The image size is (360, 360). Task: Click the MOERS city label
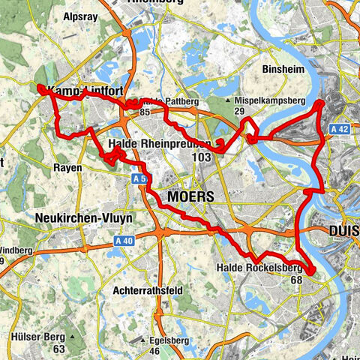191,196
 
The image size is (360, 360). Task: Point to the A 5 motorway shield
139,179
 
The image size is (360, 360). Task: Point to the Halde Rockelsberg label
259,268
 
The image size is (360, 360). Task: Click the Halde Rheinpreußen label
153,143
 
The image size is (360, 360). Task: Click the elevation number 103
201,157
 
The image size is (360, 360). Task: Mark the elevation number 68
296,280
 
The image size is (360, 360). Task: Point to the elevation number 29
239,111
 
